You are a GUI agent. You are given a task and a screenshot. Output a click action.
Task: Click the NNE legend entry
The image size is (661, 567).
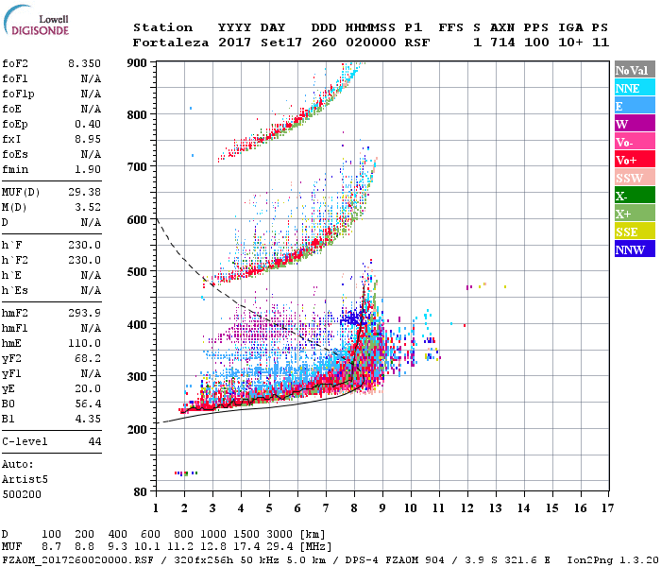[634, 88]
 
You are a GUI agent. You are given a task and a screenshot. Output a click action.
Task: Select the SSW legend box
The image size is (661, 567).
[634, 178]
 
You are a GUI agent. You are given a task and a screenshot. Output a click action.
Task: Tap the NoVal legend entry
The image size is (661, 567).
[634, 70]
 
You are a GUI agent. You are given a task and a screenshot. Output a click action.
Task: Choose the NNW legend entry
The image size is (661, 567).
[634, 249]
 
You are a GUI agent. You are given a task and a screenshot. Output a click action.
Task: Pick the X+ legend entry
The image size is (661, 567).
[634, 214]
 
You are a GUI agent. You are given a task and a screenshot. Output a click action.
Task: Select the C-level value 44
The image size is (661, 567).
[94, 441]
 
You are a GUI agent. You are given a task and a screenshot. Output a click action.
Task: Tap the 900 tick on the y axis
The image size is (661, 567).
[138, 62]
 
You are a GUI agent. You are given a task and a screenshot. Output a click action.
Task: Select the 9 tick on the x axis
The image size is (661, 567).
[382, 508]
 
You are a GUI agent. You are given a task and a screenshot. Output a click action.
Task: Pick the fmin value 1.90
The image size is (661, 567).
[87, 169]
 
